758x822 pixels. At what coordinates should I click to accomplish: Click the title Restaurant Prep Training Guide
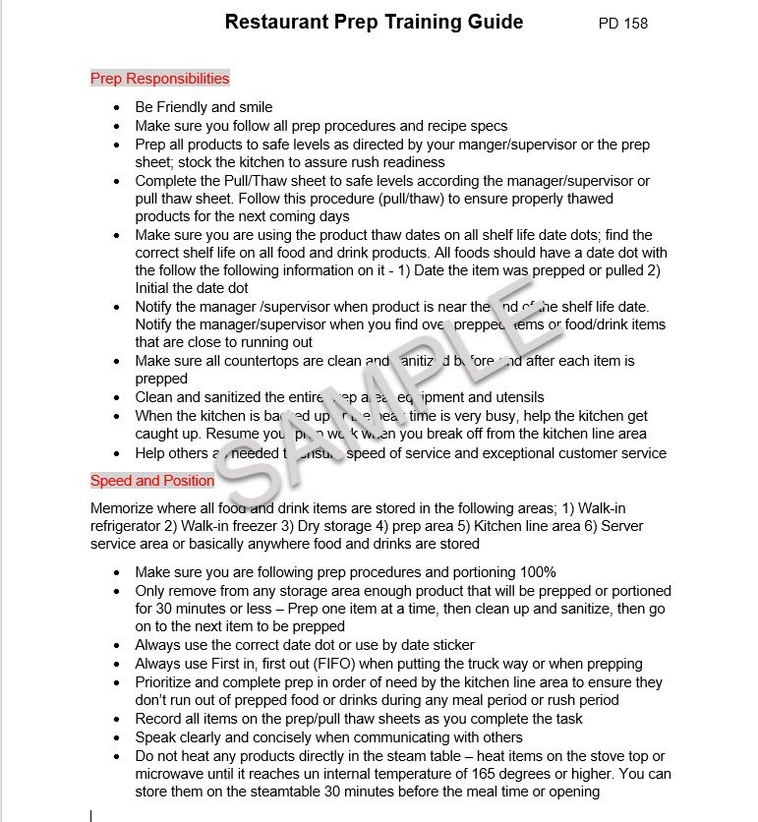(374, 22)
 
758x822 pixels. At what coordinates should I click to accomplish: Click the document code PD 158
(622, 24)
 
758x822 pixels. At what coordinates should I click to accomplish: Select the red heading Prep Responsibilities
(159, 79)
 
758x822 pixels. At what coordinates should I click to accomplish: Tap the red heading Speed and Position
(152, 481)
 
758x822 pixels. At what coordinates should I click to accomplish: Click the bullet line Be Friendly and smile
(204, 107)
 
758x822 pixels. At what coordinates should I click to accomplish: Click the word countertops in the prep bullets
(262, 361)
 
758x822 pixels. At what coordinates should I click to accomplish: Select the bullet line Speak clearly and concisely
(328, 737)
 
